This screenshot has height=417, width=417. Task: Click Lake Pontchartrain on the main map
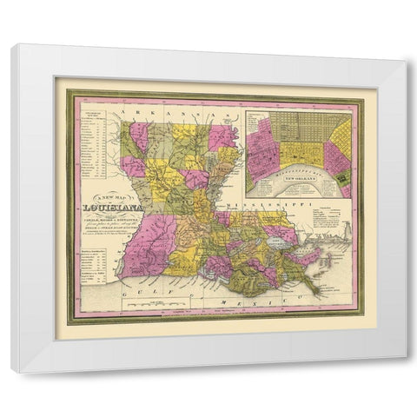pyautogui.click(x=278, y=233)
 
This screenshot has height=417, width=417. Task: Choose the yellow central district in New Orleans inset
pyautogui.click(x=299, y=155)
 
